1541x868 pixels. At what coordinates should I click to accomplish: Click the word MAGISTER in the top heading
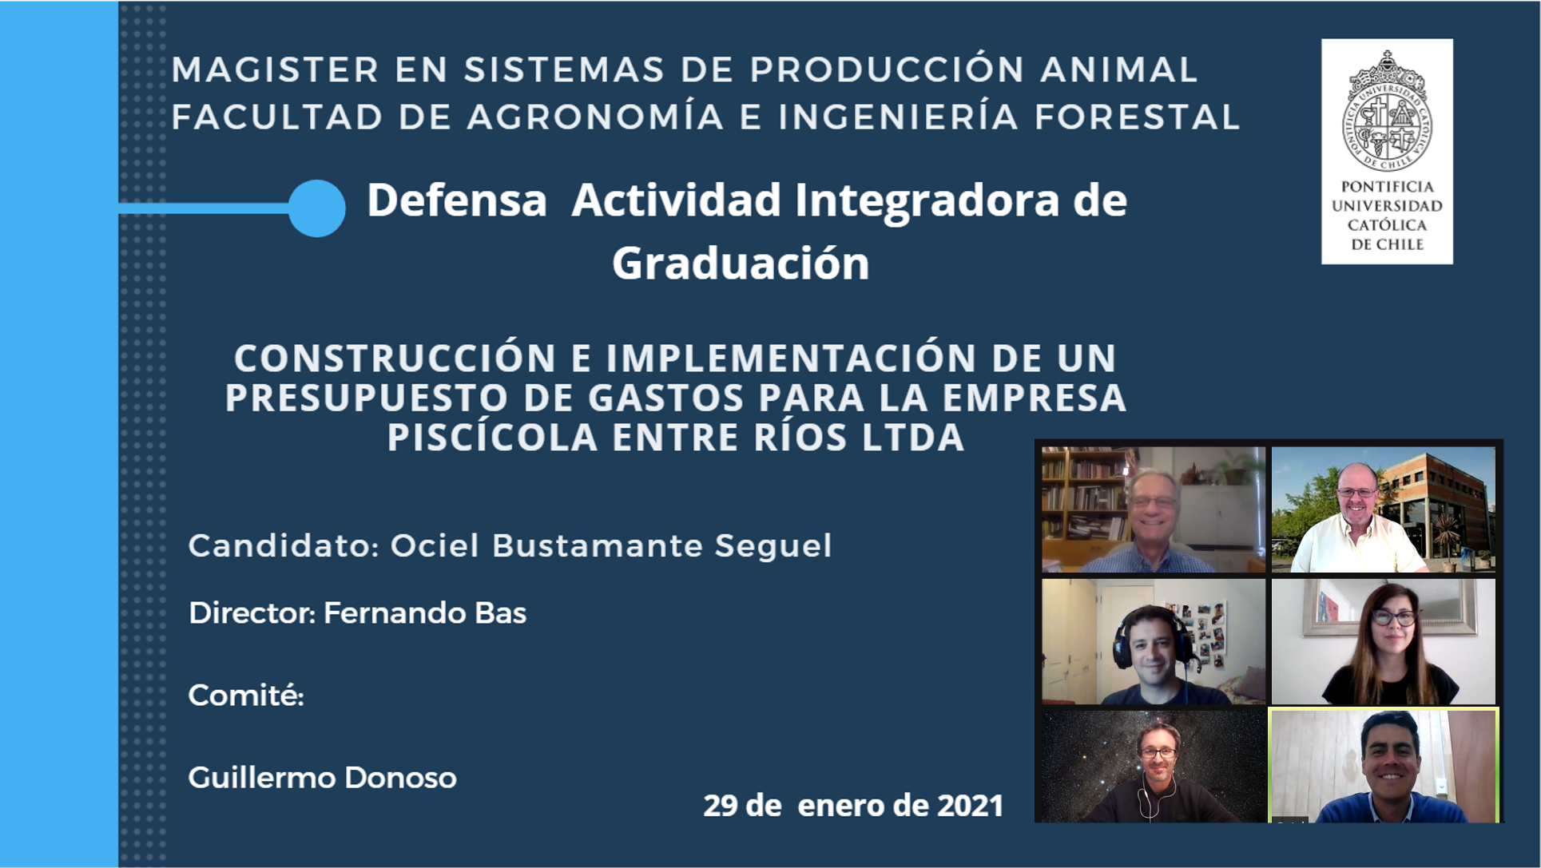pyautogui.click(x=275, y=69)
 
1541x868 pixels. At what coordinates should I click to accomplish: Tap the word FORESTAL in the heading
pyautogui.click(x=1137, y=117)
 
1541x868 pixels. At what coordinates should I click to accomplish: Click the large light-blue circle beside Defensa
pyautogui.click(x=317, y=208)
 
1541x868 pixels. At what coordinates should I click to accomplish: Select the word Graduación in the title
pyautogui.click(x=741, y=264)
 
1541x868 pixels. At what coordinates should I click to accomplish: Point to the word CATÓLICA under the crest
pyautogui.click(x=1387, y=225)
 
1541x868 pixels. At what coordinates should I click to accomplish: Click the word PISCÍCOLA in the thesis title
pyautogui.click(x=493, y=438)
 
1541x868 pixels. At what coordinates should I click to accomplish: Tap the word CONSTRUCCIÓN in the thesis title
pyautogui.click(x=395, y=358)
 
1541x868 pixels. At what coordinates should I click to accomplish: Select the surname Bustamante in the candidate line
pyautogui.click(x=597, y=546)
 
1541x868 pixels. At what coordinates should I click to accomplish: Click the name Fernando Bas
pyautogui.click(x=425, y=613)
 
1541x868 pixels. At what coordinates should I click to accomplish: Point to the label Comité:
pyautogui.click(x=246, y=696)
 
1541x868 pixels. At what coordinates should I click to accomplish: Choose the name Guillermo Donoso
pyautogui.click(x=322, y=778)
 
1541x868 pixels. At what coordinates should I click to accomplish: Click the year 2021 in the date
pyautogui.click(x=970, y=806)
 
